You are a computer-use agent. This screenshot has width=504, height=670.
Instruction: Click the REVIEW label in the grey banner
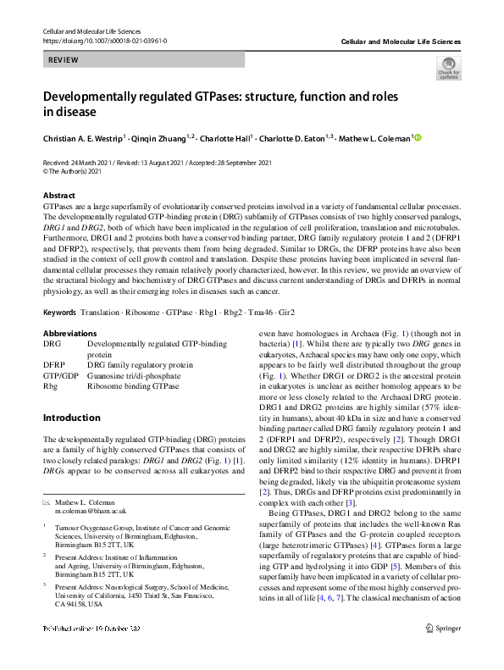click(64, 60)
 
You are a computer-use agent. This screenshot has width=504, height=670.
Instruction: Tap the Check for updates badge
click(447, 68)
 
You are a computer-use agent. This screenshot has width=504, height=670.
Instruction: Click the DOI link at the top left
click(104, 41)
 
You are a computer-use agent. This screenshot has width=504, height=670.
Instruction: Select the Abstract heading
click(58, 196)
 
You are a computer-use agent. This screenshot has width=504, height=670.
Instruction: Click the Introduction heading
click(71, 418)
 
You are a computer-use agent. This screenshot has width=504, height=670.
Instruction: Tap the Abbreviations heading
click(69, 333)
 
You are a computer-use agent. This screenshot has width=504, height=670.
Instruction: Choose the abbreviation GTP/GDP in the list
click(61, 374)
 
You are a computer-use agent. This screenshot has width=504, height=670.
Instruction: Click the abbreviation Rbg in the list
click(50, 385)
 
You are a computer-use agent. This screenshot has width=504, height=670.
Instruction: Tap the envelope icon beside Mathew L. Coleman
click(47, 502)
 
